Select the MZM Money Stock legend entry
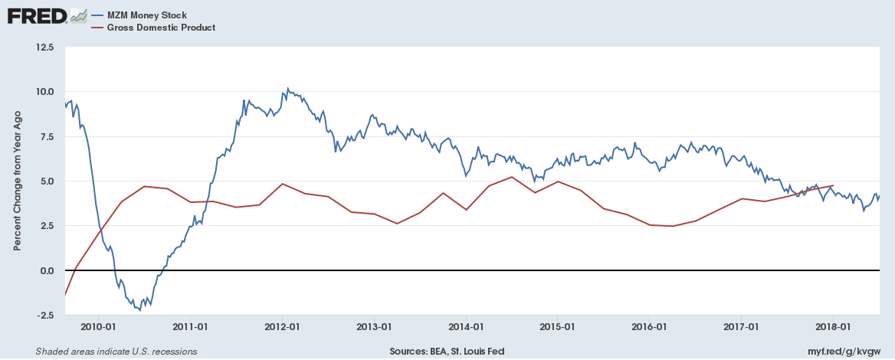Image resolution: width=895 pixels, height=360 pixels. coord(148,15)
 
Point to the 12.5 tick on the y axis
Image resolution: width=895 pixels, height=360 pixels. coord(44,47)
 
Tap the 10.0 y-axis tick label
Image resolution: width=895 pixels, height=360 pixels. coord(44,92)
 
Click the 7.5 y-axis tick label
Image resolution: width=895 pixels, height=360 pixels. coord(46,136)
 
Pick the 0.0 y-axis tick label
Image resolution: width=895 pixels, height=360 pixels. coord(46,271)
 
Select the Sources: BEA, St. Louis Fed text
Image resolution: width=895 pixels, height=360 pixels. coord(447,352)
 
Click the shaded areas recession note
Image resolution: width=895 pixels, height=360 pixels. coord(116,352)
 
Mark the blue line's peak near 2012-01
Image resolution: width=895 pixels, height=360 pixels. coord(287,88)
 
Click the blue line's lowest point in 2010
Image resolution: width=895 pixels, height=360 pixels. coord(139,310)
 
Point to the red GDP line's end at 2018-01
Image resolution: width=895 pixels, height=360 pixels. coord(833,185)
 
